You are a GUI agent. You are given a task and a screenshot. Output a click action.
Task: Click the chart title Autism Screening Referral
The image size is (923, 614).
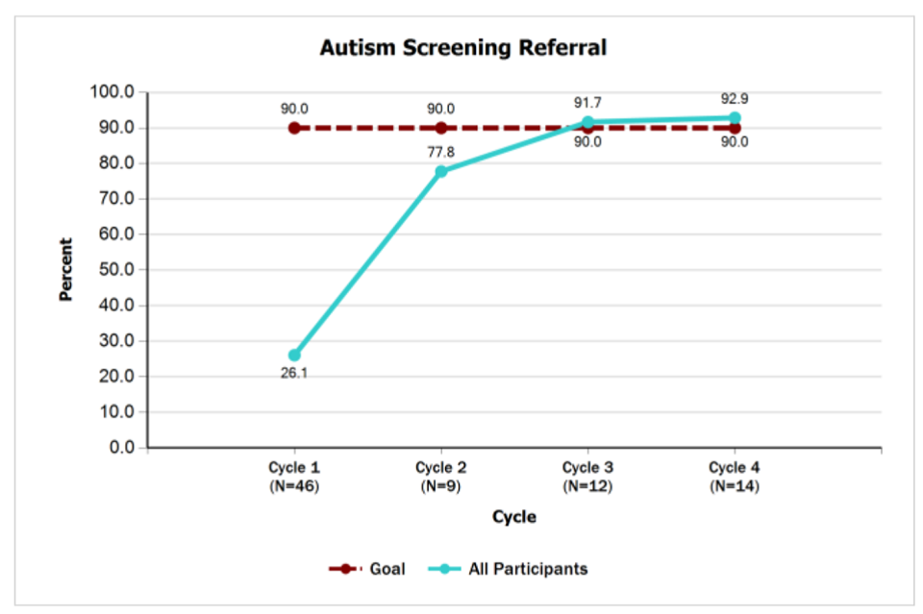[463, 47]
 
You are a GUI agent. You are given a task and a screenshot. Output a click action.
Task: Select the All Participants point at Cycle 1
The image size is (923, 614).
[294, 355]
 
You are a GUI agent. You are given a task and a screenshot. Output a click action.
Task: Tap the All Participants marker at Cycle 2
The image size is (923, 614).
[441, 171]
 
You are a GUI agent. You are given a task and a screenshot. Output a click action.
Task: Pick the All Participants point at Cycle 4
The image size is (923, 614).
[735, 118]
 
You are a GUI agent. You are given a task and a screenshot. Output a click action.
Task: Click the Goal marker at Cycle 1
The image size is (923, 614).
[294, 128]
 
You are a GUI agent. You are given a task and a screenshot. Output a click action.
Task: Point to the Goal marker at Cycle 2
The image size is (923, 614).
[441, 128]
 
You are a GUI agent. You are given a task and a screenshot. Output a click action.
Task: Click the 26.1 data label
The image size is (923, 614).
[294, 374]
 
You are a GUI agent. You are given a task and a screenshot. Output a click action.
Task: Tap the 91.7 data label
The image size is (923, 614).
[588, 102]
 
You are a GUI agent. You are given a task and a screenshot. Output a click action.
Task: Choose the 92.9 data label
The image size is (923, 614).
[735, 98]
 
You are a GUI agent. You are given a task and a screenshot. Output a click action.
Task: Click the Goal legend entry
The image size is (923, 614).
[367, 569]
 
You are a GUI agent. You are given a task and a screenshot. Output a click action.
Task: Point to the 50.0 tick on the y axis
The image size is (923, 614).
[115, 270]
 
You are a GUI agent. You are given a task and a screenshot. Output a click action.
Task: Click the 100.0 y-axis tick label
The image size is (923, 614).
[112, 92]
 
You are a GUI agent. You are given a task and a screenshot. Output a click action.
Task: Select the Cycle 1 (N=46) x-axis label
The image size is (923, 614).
[294, 477]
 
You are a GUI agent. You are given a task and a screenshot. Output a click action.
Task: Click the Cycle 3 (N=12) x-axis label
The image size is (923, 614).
[588, 477]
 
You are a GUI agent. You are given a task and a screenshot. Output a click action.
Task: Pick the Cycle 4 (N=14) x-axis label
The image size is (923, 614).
[735, 477]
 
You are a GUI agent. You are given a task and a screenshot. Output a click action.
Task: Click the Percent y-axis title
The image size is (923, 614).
[66, 270]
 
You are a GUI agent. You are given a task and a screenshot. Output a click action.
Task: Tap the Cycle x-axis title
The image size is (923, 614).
[514, 517]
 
